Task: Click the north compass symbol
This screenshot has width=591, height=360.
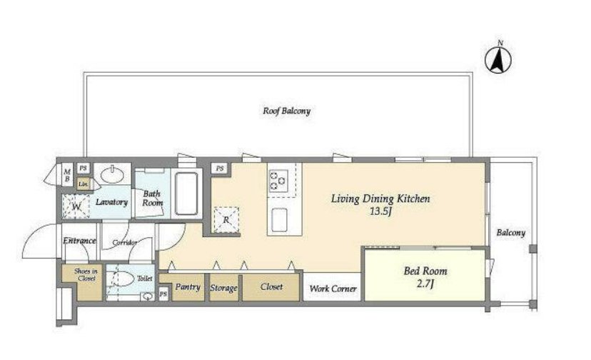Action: click(x=498, y=59)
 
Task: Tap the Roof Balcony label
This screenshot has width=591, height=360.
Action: click(x=286, y=111)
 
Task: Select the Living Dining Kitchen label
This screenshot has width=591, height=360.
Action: click(x=380, y=199)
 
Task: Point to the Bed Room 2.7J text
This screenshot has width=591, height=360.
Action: click(x=425, y=276)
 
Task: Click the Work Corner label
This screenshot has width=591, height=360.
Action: click(x=333, y=289)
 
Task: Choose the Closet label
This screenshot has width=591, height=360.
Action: click(x=271, y=287)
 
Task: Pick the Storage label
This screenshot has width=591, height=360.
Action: click(x=223, y=288)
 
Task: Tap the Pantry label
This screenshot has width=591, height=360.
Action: click(x=188, y=287)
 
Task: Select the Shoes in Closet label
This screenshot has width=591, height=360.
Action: click(x=86, y=275)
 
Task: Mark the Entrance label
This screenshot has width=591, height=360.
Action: click(x=79, y=241)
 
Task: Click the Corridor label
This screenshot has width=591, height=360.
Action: click(x=125, y=242)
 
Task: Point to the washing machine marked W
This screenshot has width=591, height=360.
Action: click(x=76, y=206)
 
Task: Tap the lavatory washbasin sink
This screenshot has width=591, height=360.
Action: click(x=112, y=174)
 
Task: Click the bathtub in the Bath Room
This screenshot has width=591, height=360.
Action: click(x=186, y=194)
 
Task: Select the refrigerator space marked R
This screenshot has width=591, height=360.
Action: click(x=226, y=219)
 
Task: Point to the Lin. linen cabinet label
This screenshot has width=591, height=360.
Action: click(x=84, y=184)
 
